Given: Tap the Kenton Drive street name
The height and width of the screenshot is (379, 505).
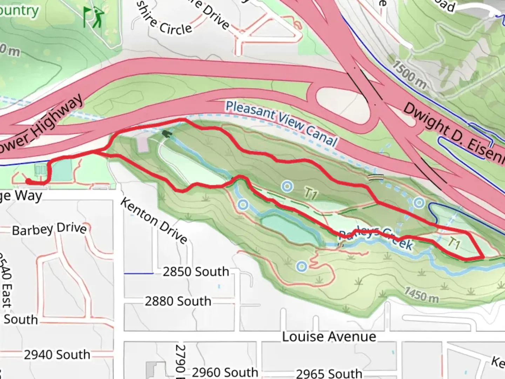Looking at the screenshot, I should [154, 220].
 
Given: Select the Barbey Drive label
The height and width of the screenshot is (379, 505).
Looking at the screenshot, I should [49, 229].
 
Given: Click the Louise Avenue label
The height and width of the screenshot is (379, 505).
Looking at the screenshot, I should [329, 337].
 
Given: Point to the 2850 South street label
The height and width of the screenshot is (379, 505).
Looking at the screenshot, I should [196, 272].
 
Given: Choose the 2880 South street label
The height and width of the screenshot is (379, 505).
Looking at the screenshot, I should [178, 301].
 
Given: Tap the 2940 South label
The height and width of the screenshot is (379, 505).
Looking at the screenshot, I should [57, 354].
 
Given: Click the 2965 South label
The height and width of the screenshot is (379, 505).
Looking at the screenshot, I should [329, 373].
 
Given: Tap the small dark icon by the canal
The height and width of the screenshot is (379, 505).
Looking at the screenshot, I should [166, 134].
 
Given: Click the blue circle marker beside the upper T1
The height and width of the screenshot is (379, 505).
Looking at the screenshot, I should [287, 186].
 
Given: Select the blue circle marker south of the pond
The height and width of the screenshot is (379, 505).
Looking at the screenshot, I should [302, 267].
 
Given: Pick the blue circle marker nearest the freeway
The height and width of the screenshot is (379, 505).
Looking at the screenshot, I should [419, 202].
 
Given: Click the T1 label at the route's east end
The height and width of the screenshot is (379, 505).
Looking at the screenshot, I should [453, 243].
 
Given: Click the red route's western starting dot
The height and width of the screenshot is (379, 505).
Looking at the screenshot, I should [28, 181].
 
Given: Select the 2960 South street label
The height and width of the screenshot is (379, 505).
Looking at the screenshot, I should [225, 372].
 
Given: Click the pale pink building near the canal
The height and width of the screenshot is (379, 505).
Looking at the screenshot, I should [143, 144].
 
